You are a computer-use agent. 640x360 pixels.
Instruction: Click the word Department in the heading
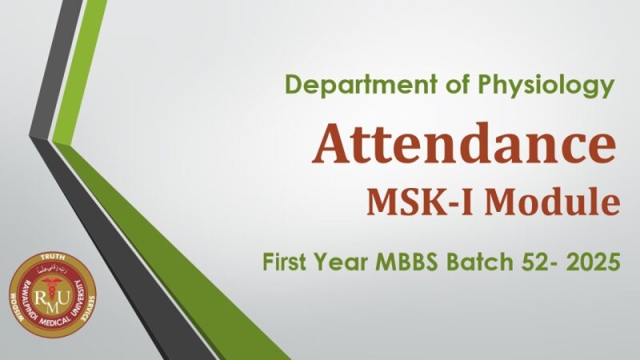point(339,84)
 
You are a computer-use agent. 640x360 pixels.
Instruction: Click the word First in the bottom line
point(288,261)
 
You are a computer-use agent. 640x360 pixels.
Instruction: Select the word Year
point(346,261)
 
